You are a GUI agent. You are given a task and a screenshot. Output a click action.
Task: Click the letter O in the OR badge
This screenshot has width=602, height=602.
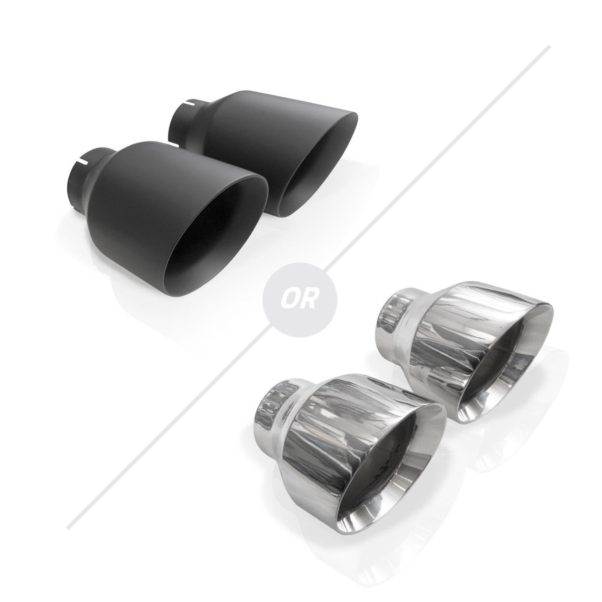pos(290,299)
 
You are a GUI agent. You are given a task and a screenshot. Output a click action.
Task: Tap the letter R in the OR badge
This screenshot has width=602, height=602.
pos(307,299)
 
